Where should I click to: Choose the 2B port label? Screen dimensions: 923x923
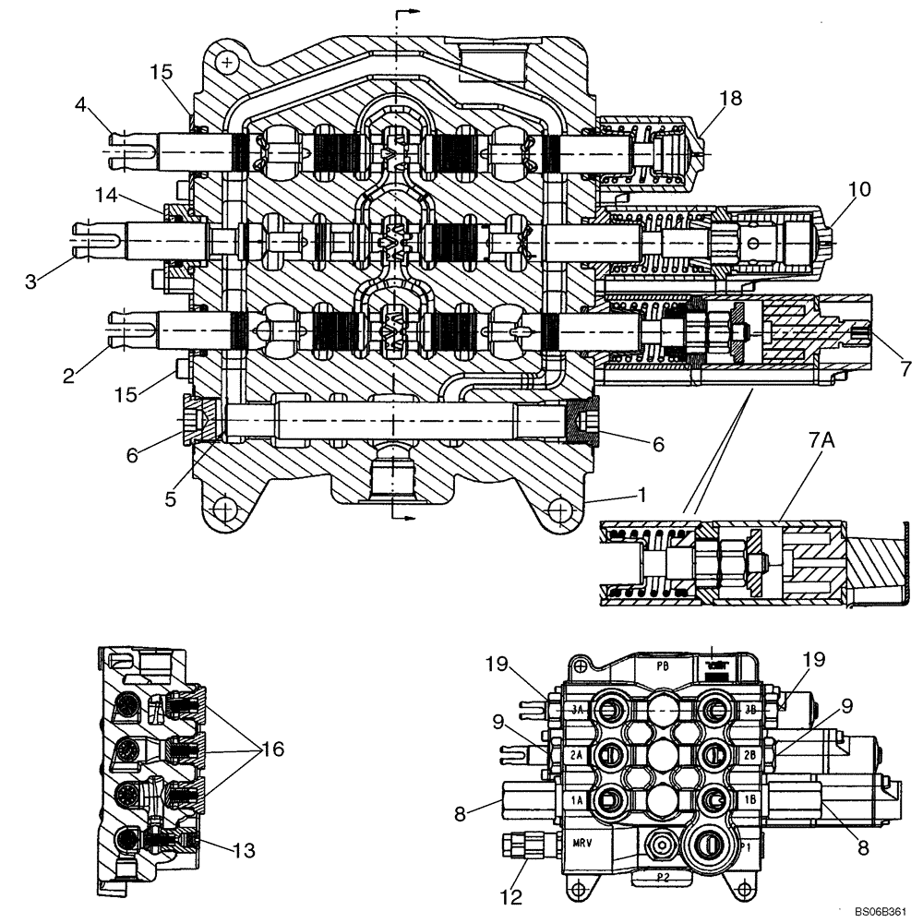coord(749,754)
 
